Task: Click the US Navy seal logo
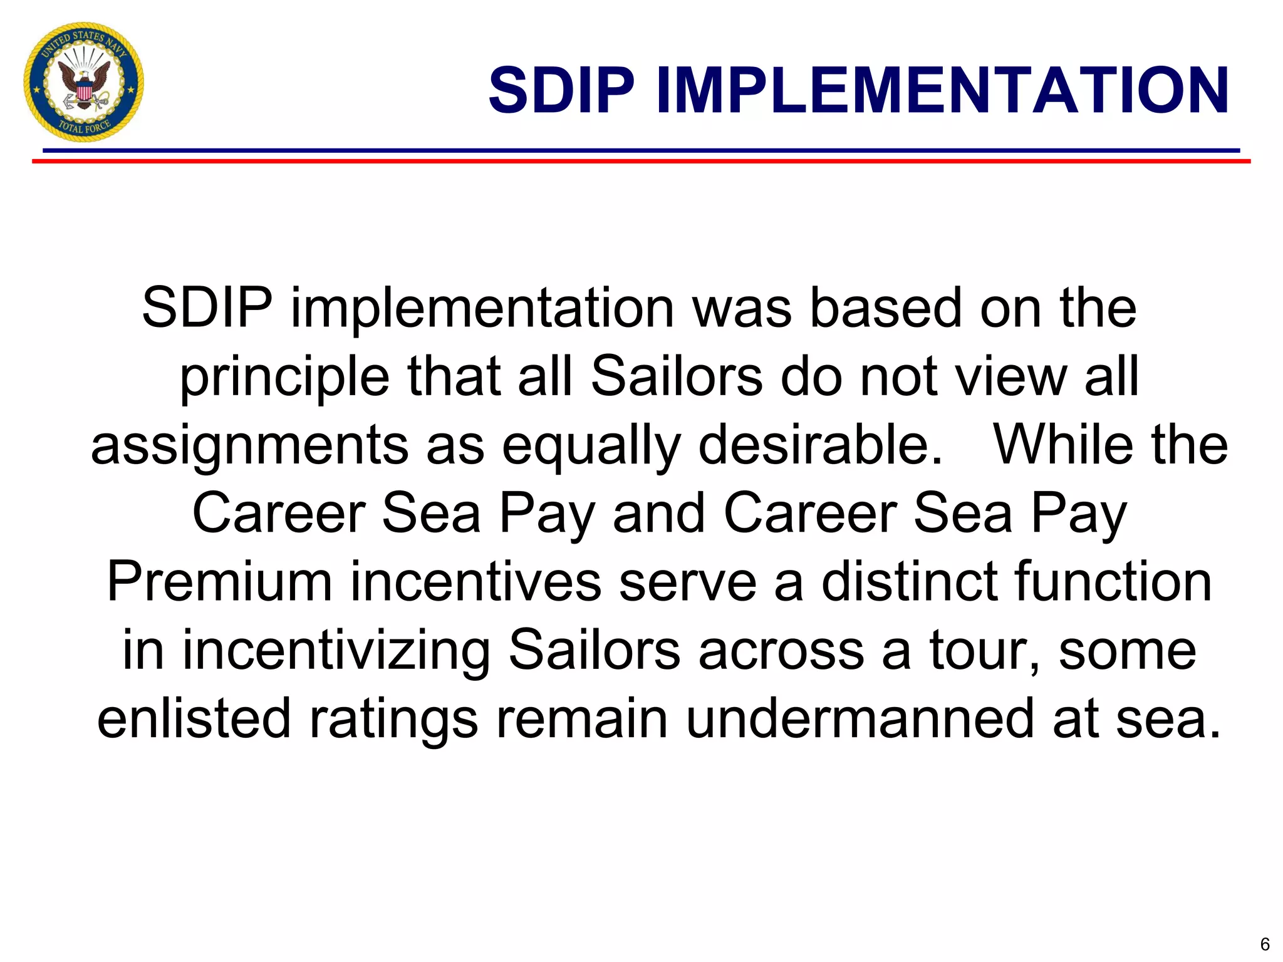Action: point(84,82)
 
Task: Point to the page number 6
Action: point(1264,944)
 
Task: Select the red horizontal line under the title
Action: point(641,162)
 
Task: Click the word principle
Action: point(284,378)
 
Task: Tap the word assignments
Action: point(249,447)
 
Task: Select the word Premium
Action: point(219,582)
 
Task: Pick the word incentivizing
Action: point(336,651)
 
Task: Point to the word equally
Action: point(591,447)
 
